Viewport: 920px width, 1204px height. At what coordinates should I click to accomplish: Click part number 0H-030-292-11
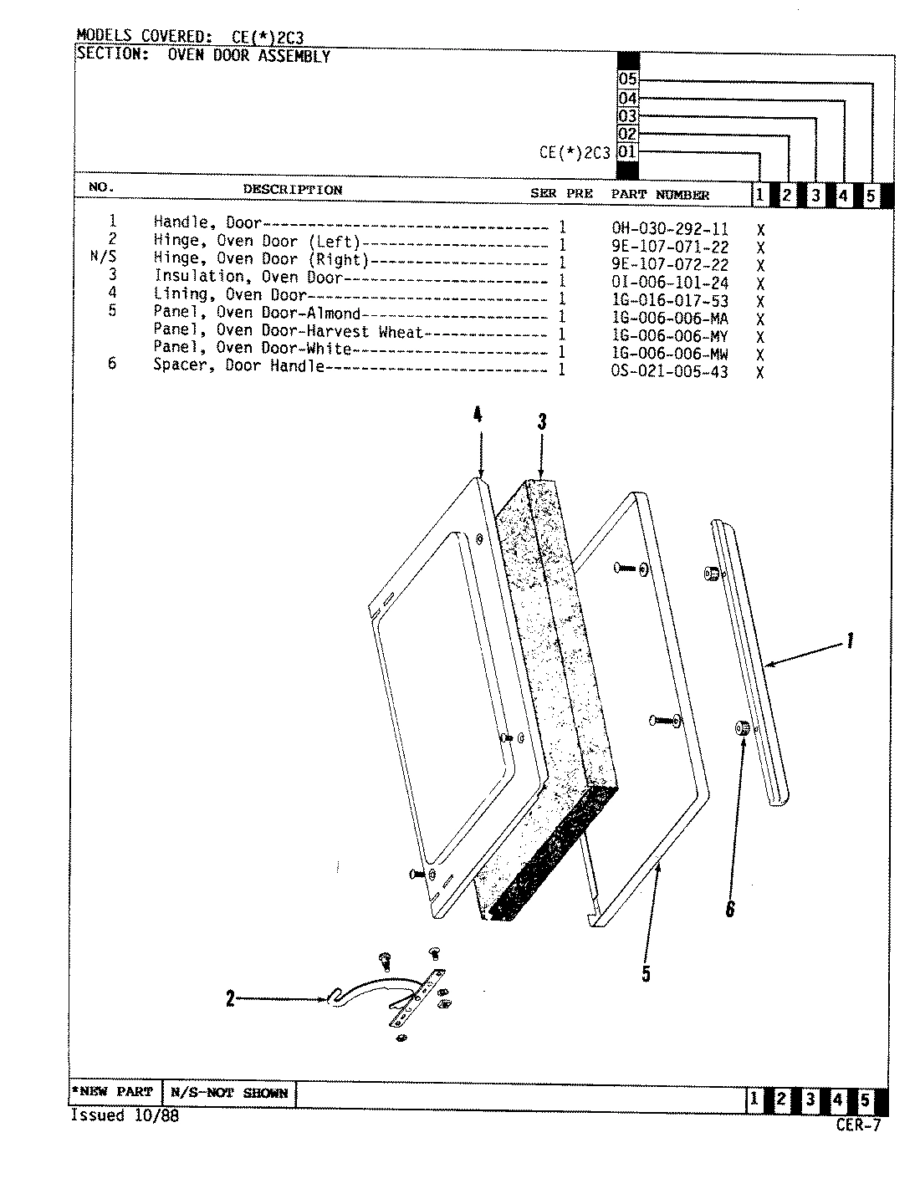coord(669,228)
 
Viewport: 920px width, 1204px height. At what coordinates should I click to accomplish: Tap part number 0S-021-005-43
coord(669,371)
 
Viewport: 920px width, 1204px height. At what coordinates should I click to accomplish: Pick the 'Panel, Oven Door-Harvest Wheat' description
coord(289,331)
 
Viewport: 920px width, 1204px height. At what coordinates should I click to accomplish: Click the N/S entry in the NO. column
coord(103,258)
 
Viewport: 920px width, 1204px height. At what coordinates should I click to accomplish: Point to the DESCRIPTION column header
coord(292,190)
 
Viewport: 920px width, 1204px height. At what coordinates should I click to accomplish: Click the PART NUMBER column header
coord(660,195)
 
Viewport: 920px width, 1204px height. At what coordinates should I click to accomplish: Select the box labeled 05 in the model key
coord(627,80)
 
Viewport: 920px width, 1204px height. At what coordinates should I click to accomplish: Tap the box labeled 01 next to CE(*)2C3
coord(627,152)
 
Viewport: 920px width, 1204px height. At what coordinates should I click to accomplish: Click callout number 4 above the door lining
coord(478,416)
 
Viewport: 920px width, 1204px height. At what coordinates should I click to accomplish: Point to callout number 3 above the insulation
coord(542,422)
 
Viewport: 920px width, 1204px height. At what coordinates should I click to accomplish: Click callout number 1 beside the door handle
coord(850,641)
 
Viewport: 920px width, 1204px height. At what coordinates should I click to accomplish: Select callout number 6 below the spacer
coord(729,909)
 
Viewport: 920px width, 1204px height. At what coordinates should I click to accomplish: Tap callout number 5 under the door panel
coord(646,973)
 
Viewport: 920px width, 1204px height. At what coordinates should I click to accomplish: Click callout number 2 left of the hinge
coord(230,998)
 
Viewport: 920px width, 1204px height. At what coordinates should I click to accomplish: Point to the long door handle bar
coord(753,661)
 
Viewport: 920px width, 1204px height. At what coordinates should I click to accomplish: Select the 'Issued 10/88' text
coord(124,1116)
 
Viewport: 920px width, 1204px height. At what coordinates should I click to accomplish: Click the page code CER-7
coord(857,1125)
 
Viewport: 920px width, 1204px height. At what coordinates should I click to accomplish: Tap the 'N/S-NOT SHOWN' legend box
coord(228,1093)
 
